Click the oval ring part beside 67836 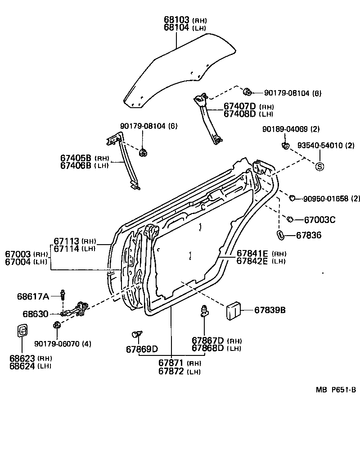[x=279, y=234]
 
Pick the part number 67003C [x=319, y=220]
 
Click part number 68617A [x=33, y=296]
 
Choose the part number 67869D [x=142, y=349]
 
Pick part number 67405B [x=76, y=158]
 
